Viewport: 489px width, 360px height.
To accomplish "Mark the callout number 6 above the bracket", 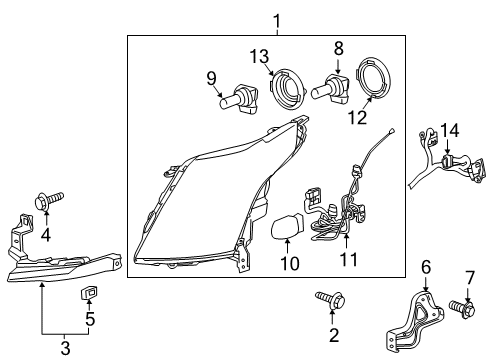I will [425, 266].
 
